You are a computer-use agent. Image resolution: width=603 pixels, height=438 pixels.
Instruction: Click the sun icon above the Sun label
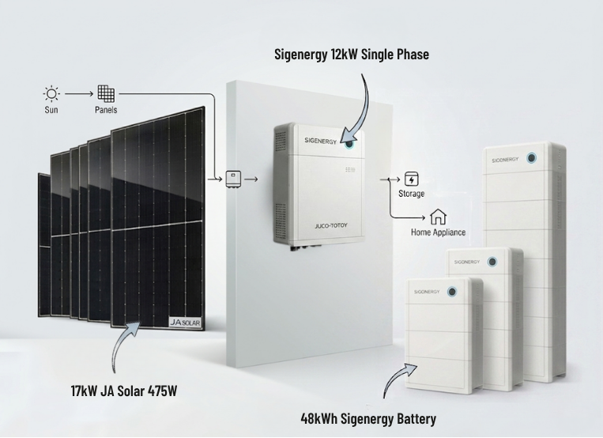[x=51, y=94]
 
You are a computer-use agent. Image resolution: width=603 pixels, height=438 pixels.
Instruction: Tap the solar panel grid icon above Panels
[x=106, y=94]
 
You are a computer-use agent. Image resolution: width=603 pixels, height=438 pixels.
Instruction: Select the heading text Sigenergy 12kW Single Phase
[x=352, y=55]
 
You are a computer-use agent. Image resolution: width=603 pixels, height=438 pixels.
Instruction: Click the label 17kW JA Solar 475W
[x=124, y=391]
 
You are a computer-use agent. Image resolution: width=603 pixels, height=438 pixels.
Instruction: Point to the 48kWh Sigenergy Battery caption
[x=367, y=418]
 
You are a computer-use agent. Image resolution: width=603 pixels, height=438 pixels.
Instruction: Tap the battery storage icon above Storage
[x=411, y=179]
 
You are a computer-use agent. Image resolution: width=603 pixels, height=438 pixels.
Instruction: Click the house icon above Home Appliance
[x=438, y=216]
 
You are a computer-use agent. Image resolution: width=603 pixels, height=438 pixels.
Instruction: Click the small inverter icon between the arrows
[x=234, y=179]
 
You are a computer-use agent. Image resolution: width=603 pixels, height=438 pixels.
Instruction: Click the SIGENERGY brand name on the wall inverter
[x=320, y=141]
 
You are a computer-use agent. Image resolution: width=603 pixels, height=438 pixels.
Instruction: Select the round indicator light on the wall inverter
[x=348, y=142]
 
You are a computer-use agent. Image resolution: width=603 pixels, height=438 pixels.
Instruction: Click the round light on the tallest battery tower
[x=532, y=158]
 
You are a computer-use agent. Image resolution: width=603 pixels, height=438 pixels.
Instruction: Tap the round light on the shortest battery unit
[x=452, y=292]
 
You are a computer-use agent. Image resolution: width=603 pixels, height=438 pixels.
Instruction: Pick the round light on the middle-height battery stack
[x=492, y=262]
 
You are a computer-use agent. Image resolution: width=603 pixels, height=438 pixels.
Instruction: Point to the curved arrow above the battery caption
[x=398, y=380]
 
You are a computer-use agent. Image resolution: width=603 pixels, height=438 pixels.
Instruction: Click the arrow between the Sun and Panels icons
[x=79, y=94]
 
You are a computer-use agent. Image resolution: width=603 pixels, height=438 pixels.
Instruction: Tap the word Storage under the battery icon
[x=411, y=194]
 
